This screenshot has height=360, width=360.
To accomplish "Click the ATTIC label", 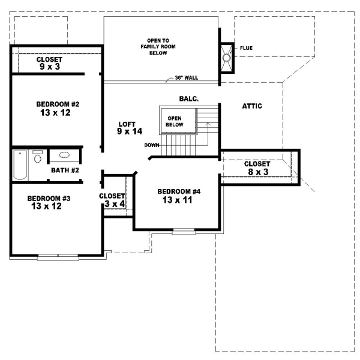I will [252, 106].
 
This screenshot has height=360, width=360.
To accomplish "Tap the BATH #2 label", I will [65, 170].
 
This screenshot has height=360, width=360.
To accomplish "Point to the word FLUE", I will [246, 47].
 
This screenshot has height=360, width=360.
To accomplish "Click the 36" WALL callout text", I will [187, 78].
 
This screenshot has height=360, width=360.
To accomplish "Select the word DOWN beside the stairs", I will [152, 145].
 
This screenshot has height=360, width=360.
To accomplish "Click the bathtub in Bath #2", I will [20, 165].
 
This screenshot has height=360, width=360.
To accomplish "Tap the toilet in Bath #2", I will [37, 157].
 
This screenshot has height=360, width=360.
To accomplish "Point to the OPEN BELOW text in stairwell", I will [175, 121].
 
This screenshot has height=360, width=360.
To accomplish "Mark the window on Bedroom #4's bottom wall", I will [184, 231].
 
